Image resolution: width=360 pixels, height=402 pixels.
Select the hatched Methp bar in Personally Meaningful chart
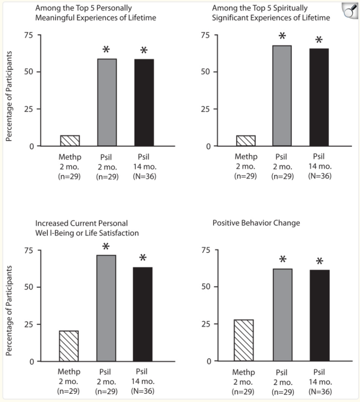[x=70, y=140]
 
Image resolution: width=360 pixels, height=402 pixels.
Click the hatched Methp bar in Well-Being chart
[x=69, y=346]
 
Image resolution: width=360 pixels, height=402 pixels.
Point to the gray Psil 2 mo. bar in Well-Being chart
[x=106, y=308]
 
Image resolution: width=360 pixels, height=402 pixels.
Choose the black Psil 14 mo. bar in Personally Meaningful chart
[x=144, y=102]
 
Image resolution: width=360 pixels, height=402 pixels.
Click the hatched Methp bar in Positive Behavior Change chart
[x=244, y=340]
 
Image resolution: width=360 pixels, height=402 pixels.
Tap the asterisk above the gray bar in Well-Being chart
[x=106, y=247]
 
